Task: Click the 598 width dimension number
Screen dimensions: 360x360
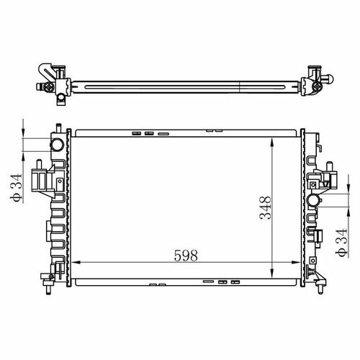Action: tap(186, 255)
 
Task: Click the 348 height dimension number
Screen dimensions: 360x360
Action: tap(266, 207)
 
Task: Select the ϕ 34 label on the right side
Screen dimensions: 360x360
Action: tap(341, 243)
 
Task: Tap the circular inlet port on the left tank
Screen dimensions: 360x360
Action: tap(57, 145)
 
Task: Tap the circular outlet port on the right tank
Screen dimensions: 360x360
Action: tap(313, 200)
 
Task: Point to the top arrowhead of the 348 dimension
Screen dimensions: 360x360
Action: tap(272, 142)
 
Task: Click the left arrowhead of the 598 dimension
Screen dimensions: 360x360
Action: tap(76, 263)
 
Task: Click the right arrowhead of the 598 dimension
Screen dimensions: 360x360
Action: tap(295, 263)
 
